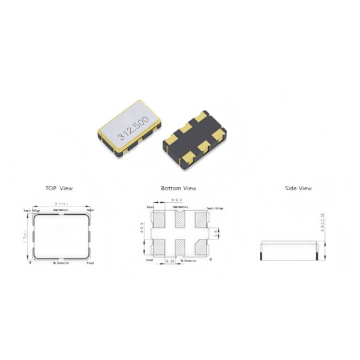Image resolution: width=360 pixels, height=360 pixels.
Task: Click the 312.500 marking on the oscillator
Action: coord(133,128)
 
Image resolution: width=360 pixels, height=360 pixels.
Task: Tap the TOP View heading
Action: coord(59,188)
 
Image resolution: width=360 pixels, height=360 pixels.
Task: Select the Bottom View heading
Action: coord(178,188)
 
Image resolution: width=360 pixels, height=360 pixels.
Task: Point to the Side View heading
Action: coord(298,188)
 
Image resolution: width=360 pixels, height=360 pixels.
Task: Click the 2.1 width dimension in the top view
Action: coord(61,205)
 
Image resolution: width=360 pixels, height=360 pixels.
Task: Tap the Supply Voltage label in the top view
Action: coord(31,211)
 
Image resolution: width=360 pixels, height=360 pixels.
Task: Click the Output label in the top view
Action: coord(90,211)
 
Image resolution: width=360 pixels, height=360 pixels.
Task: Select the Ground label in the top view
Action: coord(90,263)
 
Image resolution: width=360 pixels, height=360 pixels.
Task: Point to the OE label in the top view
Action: coord(30,263)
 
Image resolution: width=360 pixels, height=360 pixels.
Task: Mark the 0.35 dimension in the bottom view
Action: coord(172,262)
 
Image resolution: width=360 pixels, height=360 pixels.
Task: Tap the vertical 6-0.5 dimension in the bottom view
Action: coord(142,231)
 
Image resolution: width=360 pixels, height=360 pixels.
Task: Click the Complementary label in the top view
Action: coord(61,211)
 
